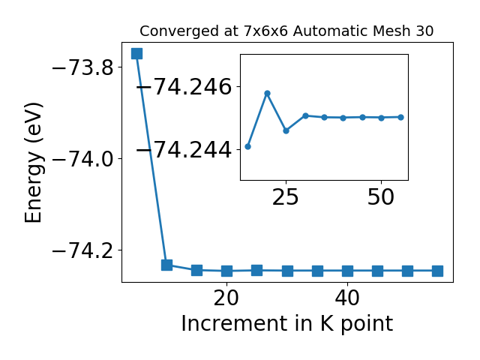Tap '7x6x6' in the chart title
[x=266, y=31]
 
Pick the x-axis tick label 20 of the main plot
[x=226, y=298]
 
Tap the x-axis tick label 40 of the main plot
[x=347, y=298]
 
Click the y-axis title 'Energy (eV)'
[x=33, y=163]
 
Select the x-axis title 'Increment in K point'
[x=287, y=324]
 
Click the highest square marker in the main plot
[x=136, y=53]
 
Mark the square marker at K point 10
[x=166, y=265]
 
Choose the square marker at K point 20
[x=226, y=271]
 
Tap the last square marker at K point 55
[x=437, y=271]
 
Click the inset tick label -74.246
[x=184, y=87]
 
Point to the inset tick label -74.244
[x=184, y=150]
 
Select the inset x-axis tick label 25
[x=285, y=197]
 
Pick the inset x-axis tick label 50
[x=381, y=197]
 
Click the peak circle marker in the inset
[x=267, y=93]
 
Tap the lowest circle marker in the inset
[x=248, y=147]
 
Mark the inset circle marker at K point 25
[x=286, y=130]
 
